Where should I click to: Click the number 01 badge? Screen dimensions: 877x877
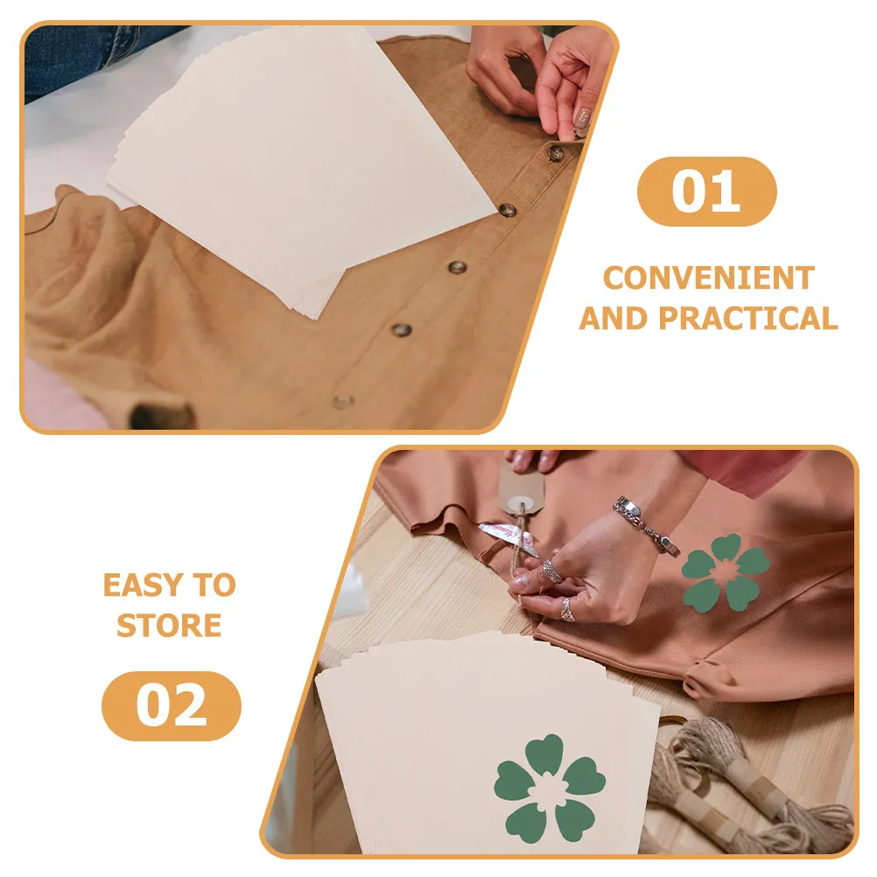click(706, 192)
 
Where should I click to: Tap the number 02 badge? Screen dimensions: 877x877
click(172, 705)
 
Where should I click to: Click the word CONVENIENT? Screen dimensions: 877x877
click(708, 278)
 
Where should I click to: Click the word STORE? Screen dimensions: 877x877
click(169, 625)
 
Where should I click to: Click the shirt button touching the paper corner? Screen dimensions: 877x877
click(508, 210)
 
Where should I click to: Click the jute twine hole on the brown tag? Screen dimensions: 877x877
click(522, 504)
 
